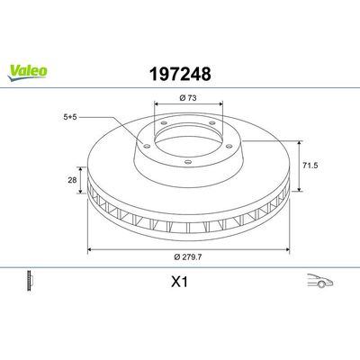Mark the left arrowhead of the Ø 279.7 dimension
pos(88,250)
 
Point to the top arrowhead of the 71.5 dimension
pos(300,141)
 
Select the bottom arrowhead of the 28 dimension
pos(82,194)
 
